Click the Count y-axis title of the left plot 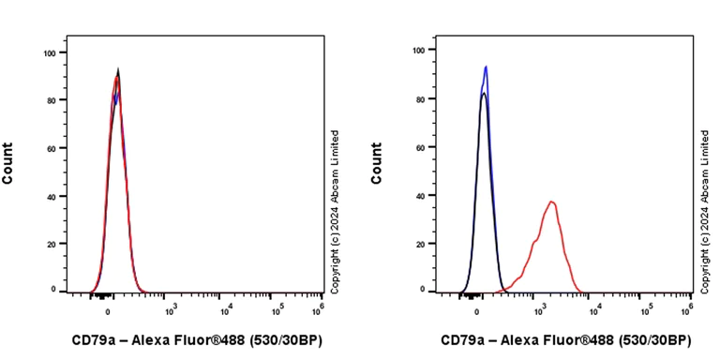pyautogui.click(x=8, y=163)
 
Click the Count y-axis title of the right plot pyautogui.click(x=377, y=163)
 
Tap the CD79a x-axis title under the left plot pyautogui.click(x=197, y=340)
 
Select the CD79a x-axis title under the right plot pyautogui.click(x=566, y=340)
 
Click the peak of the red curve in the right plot pyautogui.click(x=552, y=202)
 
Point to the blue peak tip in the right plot pyautogui.click(x=486, y=67)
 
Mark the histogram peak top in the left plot pyautogui.click(x=118, y=70)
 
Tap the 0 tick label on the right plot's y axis pyautogui.click(x=423, y=292)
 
